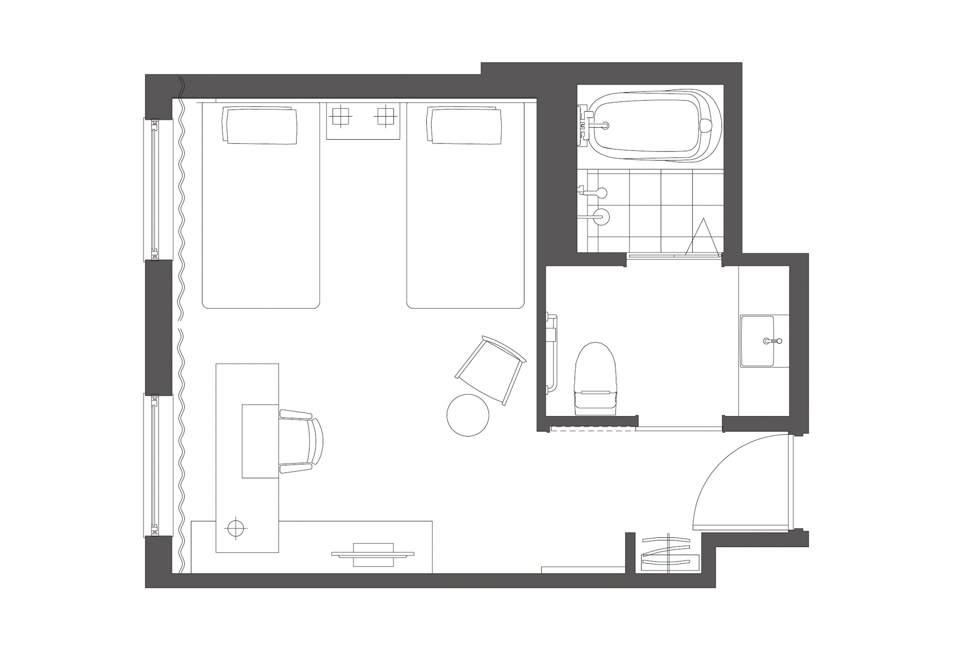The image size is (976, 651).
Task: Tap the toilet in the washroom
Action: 595,379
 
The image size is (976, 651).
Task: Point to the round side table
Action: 468,415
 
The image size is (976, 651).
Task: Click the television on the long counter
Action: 373,554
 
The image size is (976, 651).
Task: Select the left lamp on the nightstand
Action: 340,116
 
